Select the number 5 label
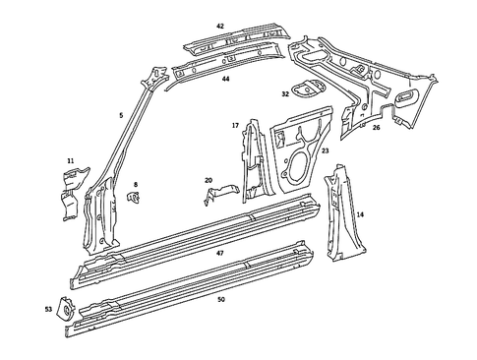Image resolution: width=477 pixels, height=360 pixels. (x=121, y=115)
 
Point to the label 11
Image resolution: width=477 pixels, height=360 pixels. (x=70, y=160)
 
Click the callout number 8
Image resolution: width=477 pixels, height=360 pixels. (x=136, y=184)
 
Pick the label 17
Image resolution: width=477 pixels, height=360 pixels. (x=235, y=125)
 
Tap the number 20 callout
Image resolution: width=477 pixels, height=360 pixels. (x=208, y=180)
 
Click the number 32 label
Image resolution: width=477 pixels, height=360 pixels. (x=285, y=94)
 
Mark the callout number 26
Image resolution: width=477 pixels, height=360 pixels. (x=376, y=127)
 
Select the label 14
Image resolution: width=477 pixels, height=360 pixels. (x=360, y=213)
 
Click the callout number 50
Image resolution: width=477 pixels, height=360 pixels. (x=220, y=298)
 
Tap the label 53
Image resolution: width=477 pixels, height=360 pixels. (x=49, y=309)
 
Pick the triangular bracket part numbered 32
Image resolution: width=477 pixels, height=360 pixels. (x=308, y=87)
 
